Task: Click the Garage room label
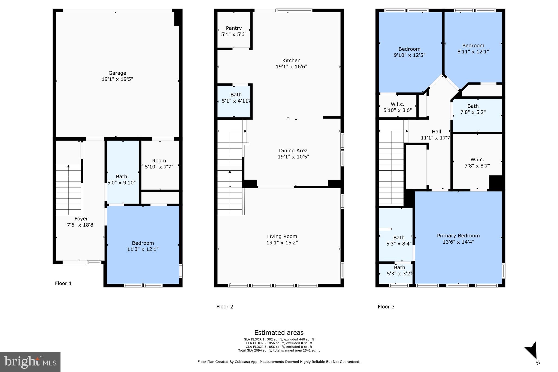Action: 117,73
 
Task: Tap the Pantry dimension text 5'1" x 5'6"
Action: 234,35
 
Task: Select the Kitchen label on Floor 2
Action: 291,61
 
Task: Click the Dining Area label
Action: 293,151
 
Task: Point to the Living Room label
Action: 282,237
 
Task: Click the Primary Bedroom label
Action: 458,236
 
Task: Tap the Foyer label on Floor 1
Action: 81,219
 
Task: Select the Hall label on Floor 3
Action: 436,132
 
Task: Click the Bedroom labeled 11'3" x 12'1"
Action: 143,243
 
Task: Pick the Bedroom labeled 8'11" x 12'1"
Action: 473,46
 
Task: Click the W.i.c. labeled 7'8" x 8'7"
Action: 477,160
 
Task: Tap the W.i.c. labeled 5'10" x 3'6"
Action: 397,104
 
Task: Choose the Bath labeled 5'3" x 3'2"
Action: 399,268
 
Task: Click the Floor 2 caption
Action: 225,307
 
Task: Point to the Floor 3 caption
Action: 386,307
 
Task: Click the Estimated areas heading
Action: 279,333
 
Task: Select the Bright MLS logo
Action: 30,362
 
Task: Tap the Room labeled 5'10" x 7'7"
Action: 159,161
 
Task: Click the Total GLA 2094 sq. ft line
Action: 279,350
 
